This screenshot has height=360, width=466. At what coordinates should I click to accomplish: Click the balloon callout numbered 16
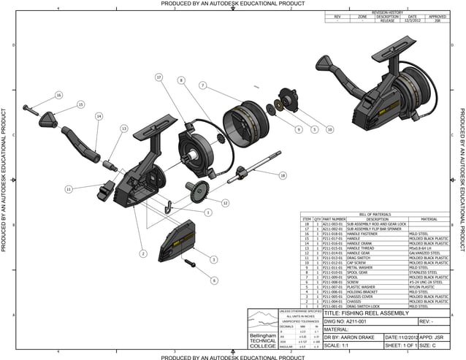point(58,96)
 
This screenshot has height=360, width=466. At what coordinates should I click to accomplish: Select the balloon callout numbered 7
point(201,85)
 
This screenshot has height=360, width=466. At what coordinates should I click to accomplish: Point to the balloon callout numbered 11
point(68,189)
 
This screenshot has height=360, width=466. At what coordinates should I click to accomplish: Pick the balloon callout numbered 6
point(214,280)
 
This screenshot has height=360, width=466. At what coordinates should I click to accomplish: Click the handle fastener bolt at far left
point(29,110)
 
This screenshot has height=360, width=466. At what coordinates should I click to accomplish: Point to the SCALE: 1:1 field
point(340,346)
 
